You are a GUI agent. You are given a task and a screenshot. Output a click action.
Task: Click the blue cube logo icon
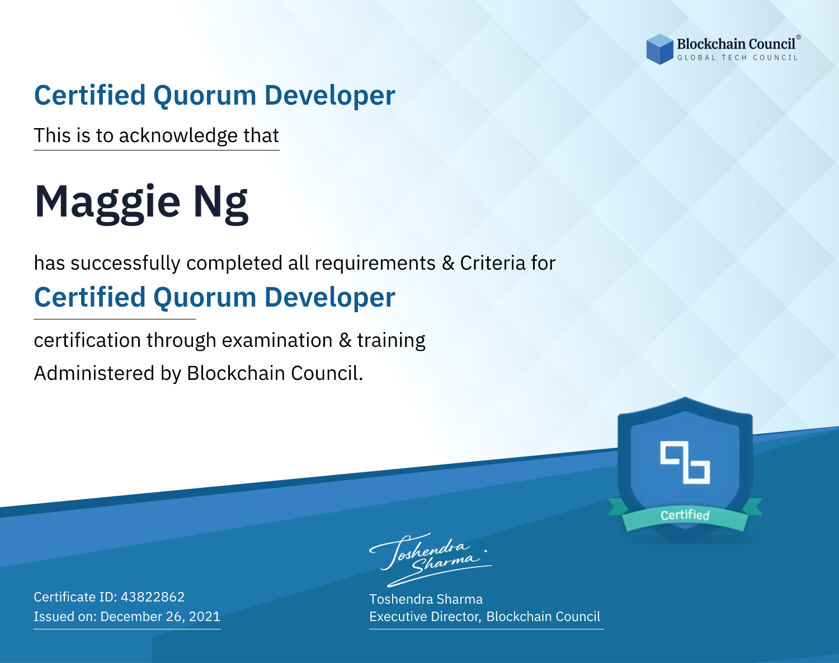pyautogui.click(x=659, y=49)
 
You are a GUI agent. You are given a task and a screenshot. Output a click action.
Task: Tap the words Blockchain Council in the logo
pyautogui.click(x=736, y=44)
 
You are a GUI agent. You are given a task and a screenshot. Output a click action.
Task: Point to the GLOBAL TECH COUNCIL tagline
pyautogui.click(x=737, y=58)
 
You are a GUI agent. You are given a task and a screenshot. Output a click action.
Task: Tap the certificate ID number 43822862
pyautogui.click(x=153, y=597)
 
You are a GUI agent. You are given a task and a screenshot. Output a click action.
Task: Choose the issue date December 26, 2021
pyautogui.click(x=160, y=617)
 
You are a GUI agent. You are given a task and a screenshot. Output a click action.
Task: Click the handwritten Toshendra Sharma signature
pyautogui.click(x=431, y=560)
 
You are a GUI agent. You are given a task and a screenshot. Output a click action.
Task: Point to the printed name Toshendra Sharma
pyautogui.click(x=426, y=599)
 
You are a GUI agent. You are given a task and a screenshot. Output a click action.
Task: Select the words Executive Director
pyautogui.click(x=424, y=617)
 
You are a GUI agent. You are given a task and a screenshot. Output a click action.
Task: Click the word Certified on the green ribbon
pyautogui.click(x=685, y=515)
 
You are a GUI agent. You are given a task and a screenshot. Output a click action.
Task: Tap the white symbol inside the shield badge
pyautogui.click(x=685, y=463)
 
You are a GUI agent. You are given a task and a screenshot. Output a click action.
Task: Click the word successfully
pyautogui.click(x=125, y=264)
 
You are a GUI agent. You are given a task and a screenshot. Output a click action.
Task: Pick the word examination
pyautogui.click(x=277, y=341)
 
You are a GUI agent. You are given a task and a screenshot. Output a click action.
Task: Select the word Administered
pyautogui.click(x=95, y=373)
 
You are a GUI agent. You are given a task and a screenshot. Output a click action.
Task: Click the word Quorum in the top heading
pyautogui.click(x=205, y=96)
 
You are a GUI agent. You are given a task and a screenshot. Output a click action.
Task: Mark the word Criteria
pyautogui.click(x=493, y=264)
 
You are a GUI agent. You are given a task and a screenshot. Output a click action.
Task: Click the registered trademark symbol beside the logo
pyautogui.click(x=799, y=37)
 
